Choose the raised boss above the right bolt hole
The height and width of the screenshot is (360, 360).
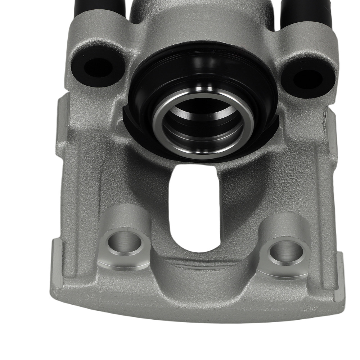[x=281, y=227]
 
